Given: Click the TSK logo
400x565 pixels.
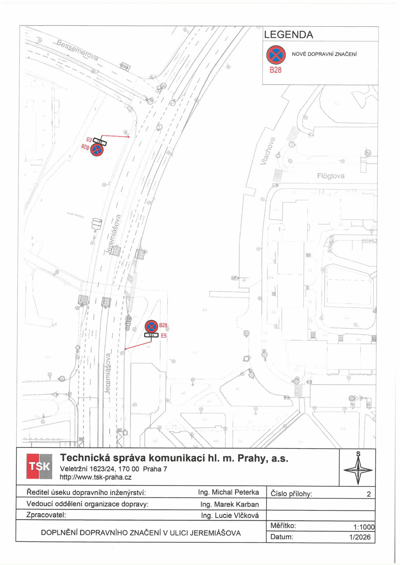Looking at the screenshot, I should click(39, 466).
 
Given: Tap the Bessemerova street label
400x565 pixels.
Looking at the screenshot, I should click(77, 50).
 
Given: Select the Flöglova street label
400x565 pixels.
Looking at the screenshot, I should click(331, 176).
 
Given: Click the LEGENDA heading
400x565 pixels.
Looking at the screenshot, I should click(288, 35).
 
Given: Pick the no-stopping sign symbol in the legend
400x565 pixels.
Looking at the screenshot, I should click(276, 55).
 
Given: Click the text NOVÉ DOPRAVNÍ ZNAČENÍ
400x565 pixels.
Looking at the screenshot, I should click(324, 54).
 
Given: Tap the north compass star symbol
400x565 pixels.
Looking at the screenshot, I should click(358, 470).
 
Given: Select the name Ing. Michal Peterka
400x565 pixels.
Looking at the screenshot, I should click(228, 492).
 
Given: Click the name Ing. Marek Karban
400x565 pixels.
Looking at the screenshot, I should click(229, 504).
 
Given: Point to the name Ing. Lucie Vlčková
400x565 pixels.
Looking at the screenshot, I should click(230, 515).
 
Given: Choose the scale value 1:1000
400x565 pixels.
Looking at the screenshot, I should click(364, 527).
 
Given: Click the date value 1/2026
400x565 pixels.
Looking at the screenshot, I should click(360, 537).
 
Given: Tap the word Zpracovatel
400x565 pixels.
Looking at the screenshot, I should click(46, 515).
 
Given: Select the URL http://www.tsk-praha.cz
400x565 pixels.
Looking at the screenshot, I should click(95, 477).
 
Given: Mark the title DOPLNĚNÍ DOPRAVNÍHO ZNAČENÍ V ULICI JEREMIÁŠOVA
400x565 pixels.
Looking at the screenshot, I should click(141, 533).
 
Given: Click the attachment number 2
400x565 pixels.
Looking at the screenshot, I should click(369, 494).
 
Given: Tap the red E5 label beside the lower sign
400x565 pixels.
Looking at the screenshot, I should click(164, 336).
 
